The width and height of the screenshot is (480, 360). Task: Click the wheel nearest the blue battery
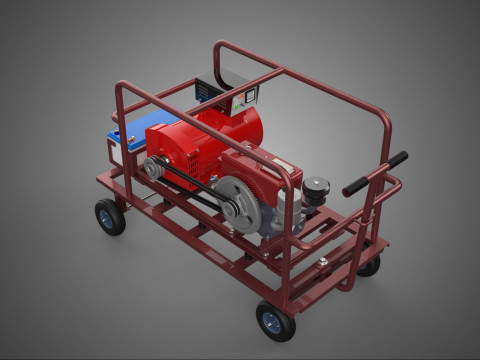pyautogui.click(x=110, y=216)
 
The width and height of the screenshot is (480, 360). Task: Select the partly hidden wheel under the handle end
pyautogui.click(x=369, y=265)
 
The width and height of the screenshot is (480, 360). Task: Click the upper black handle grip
pyautogui.click(x=392, y=160)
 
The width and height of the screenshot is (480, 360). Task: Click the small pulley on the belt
pyautogui.click(x=152, y=169)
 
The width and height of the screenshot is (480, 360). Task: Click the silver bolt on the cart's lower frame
pyautogui.click(x=322, y=262)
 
